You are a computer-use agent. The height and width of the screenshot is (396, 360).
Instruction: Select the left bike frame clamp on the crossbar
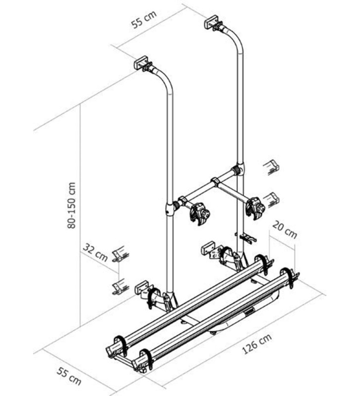pos(199,212)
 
